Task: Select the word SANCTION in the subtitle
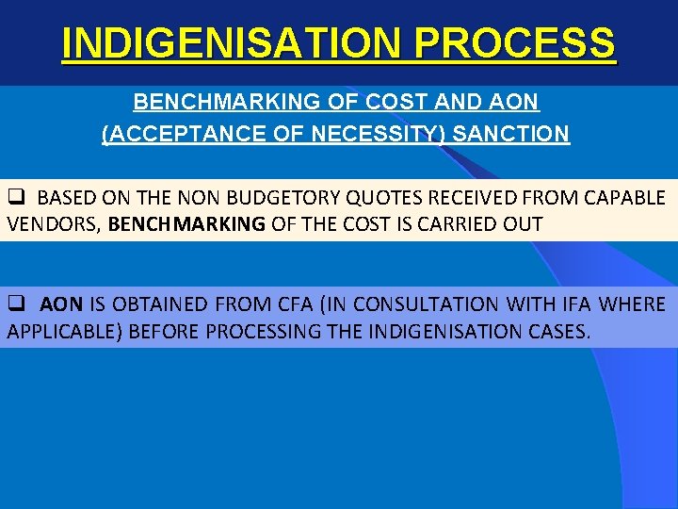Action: (510, 134)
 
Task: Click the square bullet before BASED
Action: (16, 198)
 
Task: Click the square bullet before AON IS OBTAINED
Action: (16, 304)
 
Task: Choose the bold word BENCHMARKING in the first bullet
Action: (187, 224)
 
